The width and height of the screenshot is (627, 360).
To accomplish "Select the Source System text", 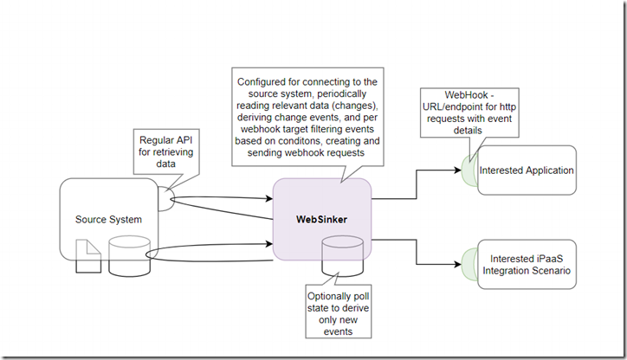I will [108, 219].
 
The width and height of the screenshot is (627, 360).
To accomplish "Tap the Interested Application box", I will [527, 170].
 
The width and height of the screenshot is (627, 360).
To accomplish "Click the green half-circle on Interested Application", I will [469, 170].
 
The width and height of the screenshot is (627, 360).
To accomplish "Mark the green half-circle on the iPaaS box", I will [469, 264].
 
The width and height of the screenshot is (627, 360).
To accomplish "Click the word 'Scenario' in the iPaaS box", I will [548, 271].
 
